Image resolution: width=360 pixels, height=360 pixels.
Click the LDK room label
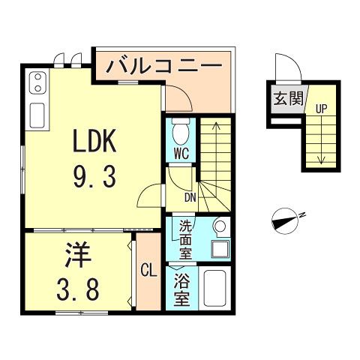click(x=94, y=141)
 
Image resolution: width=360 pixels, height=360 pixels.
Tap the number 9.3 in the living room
click(x=94, y=178)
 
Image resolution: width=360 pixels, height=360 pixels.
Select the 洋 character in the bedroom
click(x=77, y=254)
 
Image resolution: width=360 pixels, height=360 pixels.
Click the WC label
click(x=180, y=153)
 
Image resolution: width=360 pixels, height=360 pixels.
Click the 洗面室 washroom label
click(x=184, y=238)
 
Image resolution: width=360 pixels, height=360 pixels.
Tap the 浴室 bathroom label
click(x=183, y=288)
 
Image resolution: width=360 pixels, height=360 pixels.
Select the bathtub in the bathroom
click(x=216, y=288)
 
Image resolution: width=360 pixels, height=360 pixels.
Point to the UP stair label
click(x=321, y=109)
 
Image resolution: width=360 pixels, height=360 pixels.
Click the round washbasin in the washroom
click(x=219, y=225)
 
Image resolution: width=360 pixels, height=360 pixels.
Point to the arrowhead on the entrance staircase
click(x=321, y=158)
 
